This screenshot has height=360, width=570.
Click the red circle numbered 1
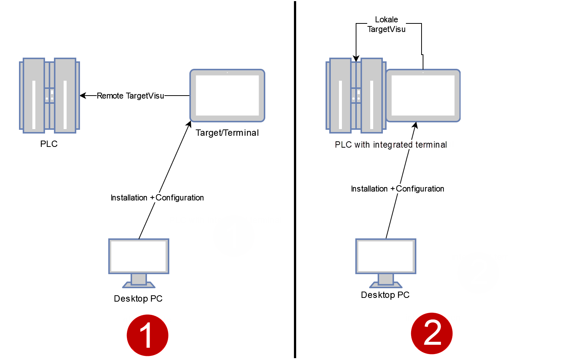[x=147, y=335]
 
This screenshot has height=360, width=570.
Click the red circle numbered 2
[x=432, y=333]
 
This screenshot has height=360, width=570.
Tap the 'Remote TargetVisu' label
[x=130, y=96]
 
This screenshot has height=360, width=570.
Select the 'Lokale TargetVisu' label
[x=386, y=25]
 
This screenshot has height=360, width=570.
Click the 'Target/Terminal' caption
[x=227, y=133]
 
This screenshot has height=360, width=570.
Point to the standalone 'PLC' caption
[x=49, y=144]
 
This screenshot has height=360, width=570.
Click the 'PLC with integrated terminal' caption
[x=391, y=145]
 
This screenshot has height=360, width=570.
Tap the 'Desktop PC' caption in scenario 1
[x=138, y=299]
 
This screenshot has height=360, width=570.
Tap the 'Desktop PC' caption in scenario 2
[x=385, y=295]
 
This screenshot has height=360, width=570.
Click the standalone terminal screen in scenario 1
[x=227, y=96]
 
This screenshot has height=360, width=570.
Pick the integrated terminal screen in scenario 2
[x=423, y=96]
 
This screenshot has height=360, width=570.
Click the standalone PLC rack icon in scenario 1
[x=49, y=96]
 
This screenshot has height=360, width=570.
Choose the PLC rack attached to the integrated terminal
[x=356, y=96]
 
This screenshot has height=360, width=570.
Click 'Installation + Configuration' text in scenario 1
[x=157, y=197]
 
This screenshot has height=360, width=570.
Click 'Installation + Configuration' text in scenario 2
[x=397, y=189]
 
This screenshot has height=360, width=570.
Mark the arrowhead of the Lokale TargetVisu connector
[x=356, y=58]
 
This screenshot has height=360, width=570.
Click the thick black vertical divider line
[x=295, y=179]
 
